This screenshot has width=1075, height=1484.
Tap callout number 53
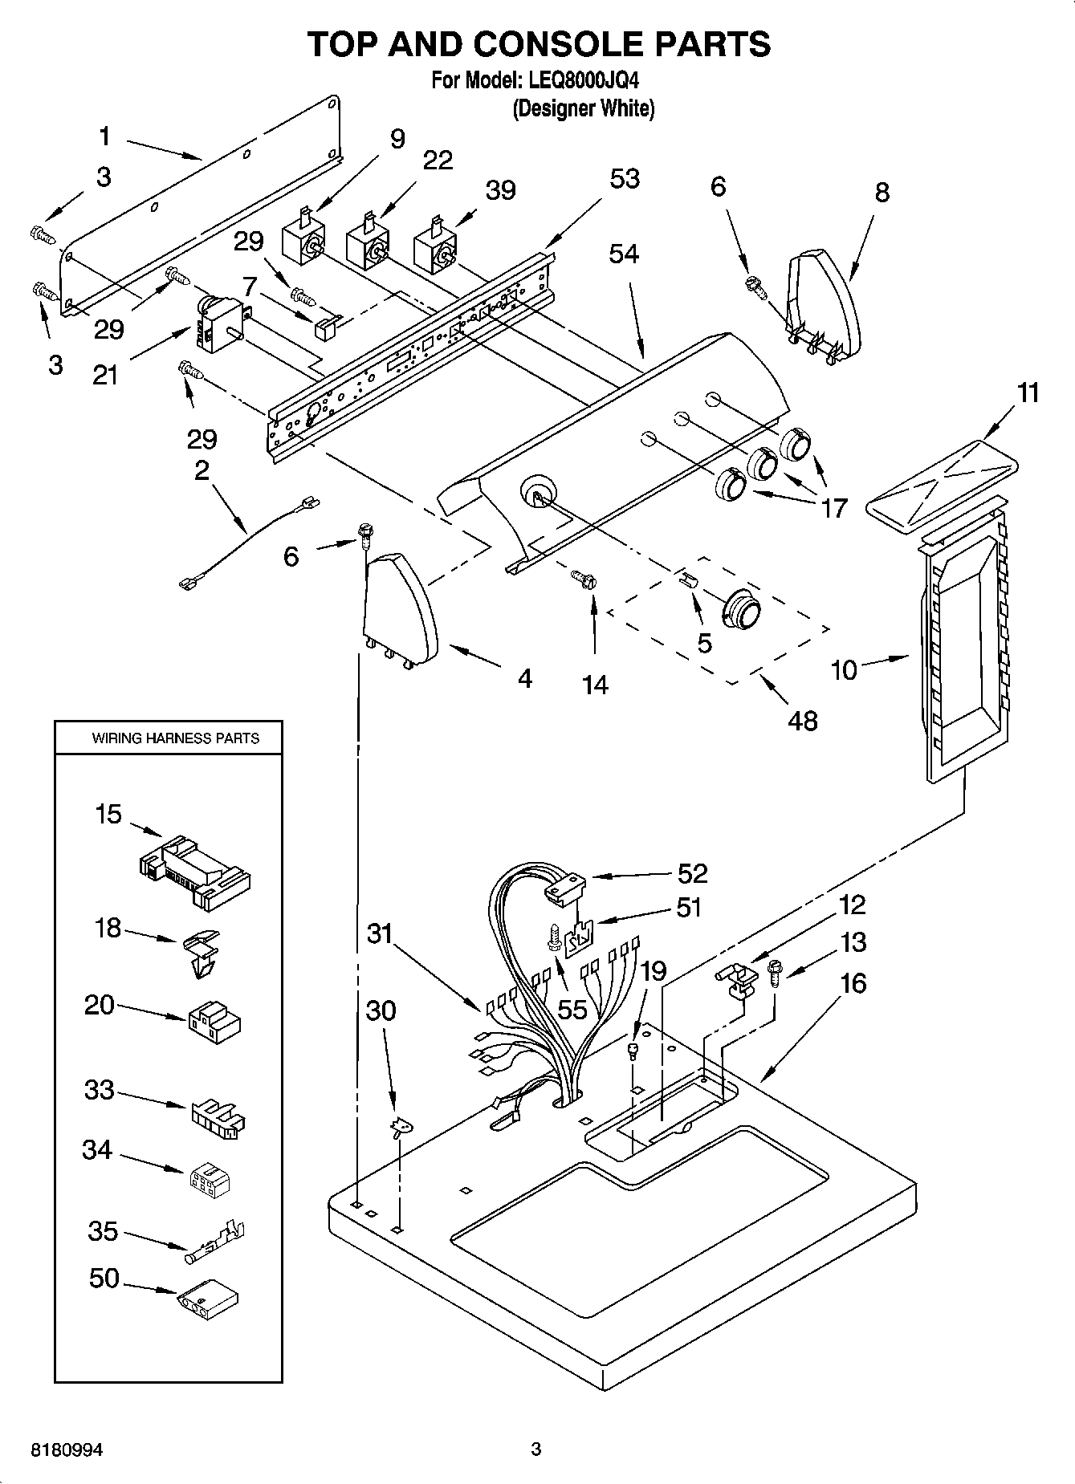pyautogui.click(x=624, y=178)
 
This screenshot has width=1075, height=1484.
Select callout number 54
pyautogui.click(x=623, y=254)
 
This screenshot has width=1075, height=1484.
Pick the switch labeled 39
pyautogui.click(x=434, y=250)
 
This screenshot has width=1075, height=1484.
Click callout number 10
pyautogui.click(x=844, y=669)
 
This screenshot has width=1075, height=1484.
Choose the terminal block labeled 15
pyautogui.click(x=194, y=873)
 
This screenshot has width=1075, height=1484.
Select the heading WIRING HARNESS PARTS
pyautogui.click(x=175, y=738)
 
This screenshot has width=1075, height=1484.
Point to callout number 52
pyautogui.click(x=692, y=873)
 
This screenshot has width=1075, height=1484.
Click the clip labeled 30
pyautogui.click(x=398, y=1128)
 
